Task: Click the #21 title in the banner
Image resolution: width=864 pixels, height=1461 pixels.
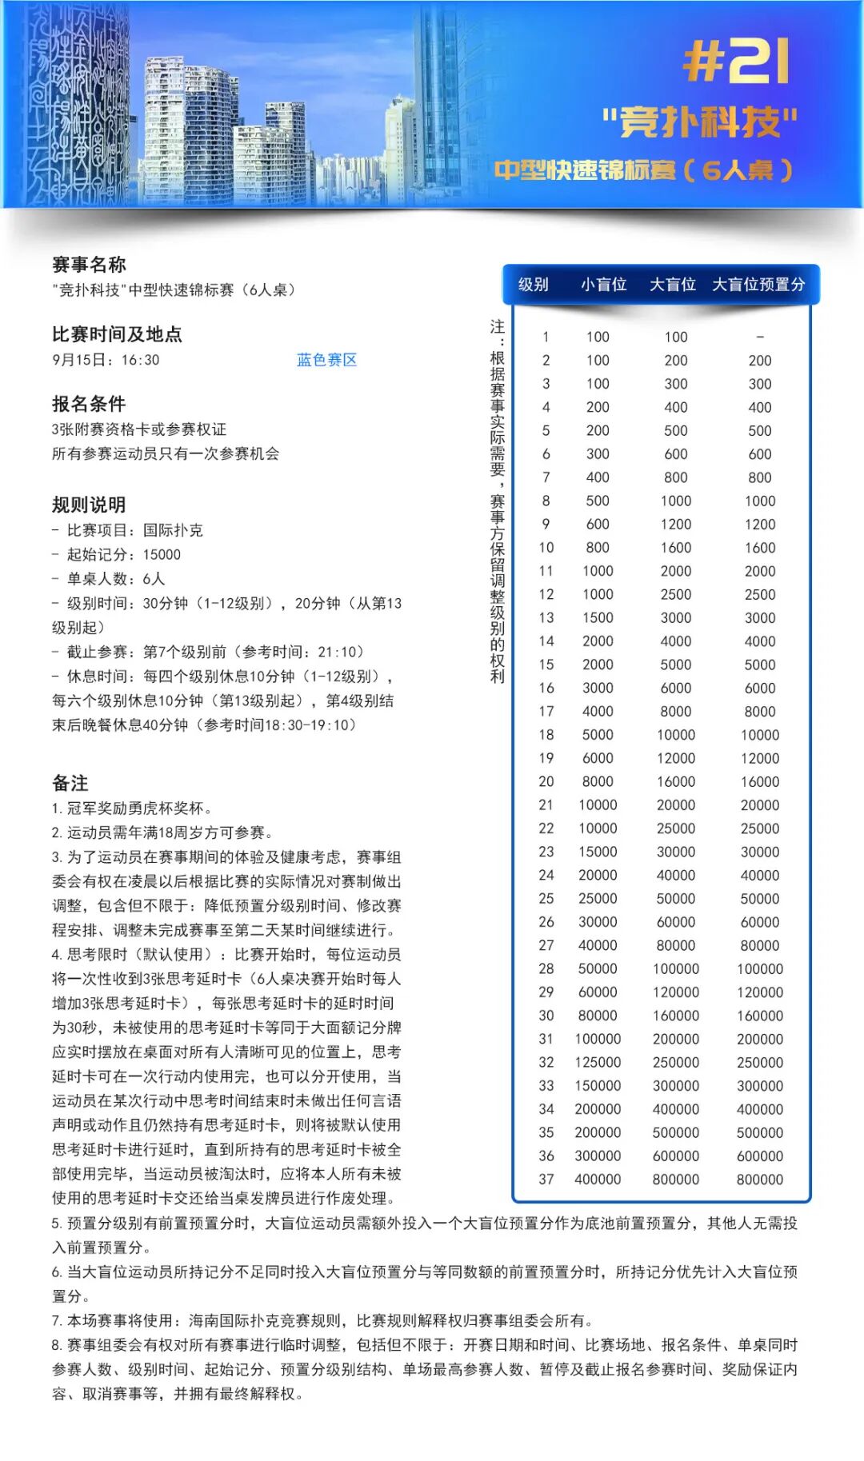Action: click(736, 62)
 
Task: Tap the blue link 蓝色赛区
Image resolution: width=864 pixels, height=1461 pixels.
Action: click(326, 360)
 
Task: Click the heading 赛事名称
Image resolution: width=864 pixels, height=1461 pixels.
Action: click(89, 265)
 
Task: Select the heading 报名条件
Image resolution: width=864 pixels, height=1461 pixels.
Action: click(89, 404)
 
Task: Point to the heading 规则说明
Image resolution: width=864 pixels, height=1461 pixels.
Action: click(89, 505)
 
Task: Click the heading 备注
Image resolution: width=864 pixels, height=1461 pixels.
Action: click(70, 783)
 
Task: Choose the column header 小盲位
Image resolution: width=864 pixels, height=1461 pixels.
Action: click(603, 285)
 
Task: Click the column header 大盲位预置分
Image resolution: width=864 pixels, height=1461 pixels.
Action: click(758, 285)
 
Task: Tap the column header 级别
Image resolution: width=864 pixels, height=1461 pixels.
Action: click(534, 285)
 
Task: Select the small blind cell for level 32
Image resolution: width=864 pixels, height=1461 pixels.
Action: click(598, 1062)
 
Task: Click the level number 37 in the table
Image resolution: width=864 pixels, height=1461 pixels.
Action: click(546, 1179)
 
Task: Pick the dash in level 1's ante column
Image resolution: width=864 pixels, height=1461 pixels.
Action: click(760, 337)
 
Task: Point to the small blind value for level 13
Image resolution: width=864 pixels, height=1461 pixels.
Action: click(598, 617)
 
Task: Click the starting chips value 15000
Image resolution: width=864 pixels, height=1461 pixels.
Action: click(162, 554)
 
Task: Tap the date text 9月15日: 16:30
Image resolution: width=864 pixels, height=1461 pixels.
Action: click(106, 360)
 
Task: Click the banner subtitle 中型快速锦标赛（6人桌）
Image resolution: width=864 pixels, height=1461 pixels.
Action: click(643, 170)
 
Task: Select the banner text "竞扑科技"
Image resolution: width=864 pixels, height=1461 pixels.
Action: click(700, 122)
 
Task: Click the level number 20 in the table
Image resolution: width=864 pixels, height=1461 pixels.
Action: click(546, 781)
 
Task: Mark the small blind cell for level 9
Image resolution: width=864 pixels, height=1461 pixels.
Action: click(598, 524)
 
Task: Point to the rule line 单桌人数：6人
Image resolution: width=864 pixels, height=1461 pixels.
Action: click(115, 578)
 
